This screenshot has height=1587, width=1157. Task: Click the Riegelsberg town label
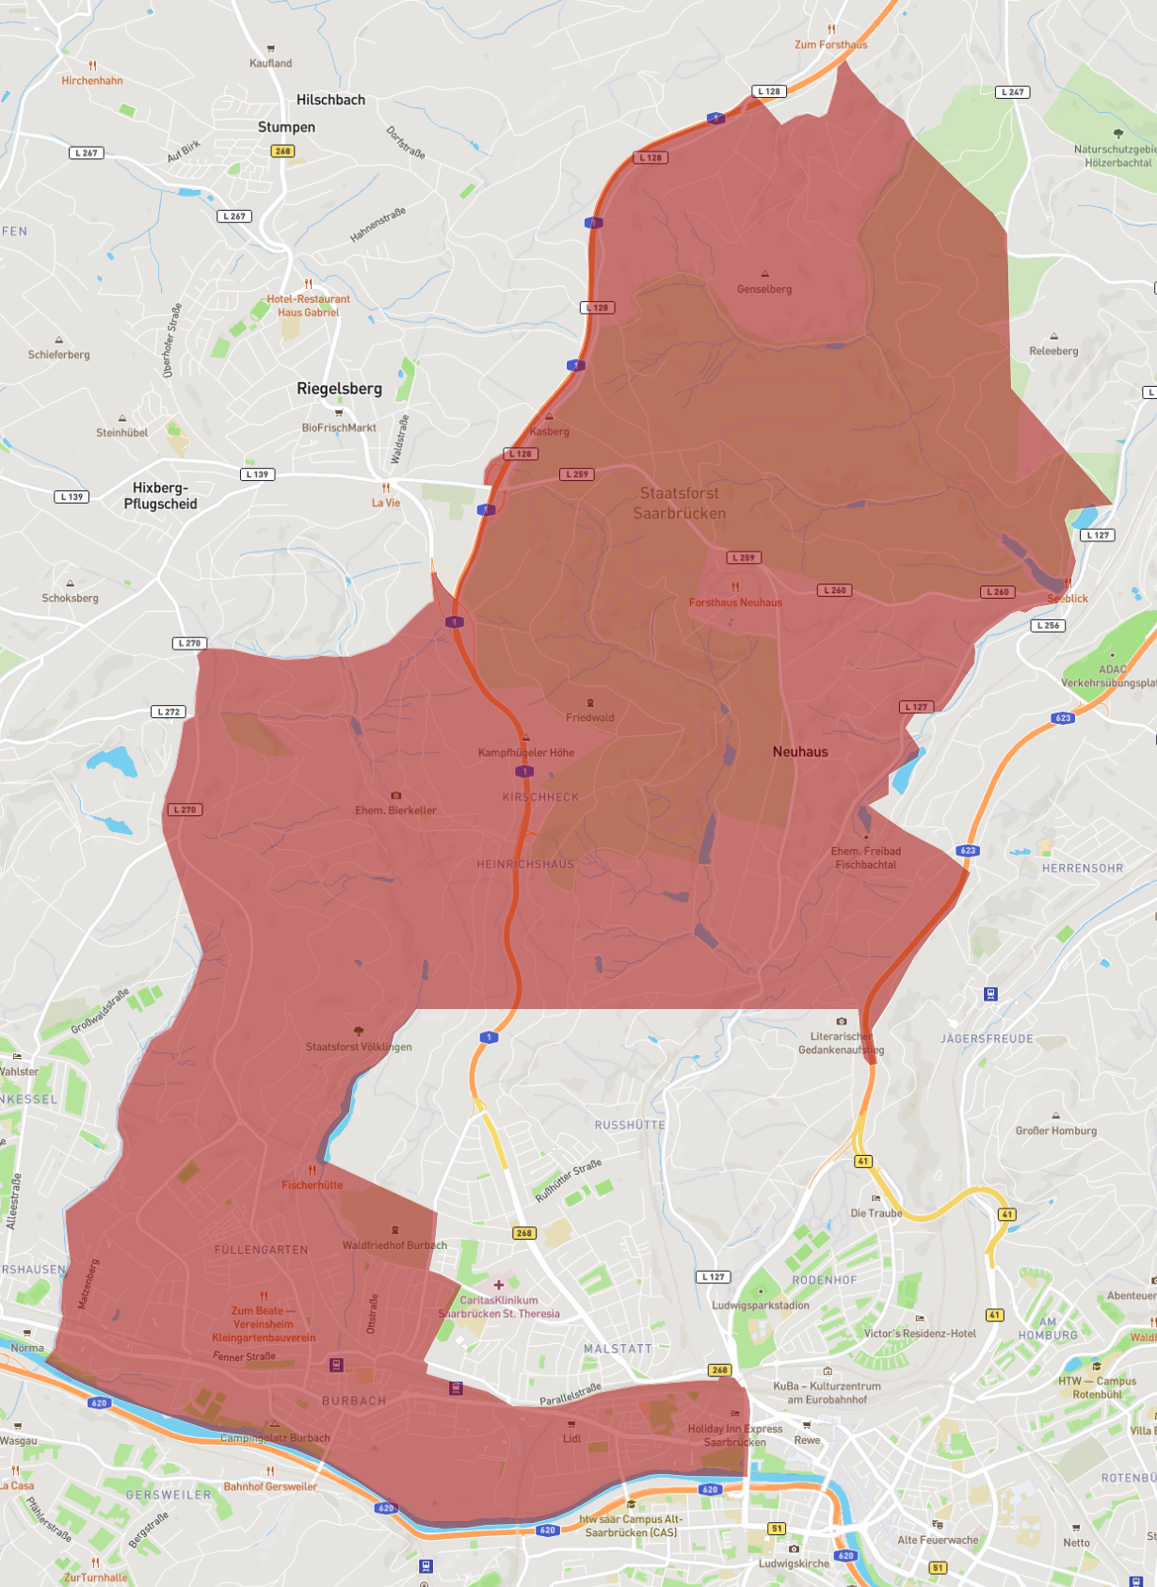coord(339,389)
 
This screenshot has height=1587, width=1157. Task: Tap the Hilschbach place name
coord(330,100)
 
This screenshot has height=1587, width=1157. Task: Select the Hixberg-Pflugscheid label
coord(160,496)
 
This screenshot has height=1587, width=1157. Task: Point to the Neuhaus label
coord(800,751)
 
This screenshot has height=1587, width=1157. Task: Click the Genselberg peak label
coord(764,289)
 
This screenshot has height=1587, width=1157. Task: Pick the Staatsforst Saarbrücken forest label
coord(680,503)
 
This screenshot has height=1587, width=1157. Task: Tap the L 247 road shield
coord(1013,92)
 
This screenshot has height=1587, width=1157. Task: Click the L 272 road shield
coord(169,712)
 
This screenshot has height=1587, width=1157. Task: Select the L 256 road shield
coord(1048,625)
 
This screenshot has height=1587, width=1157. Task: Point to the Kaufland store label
coord(271,63)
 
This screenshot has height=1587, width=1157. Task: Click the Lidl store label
coord(572,1438)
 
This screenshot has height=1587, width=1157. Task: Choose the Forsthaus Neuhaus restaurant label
coord(735,602)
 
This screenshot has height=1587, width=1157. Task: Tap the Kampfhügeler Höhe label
coord(526,752)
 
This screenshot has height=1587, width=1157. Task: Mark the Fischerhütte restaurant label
coord(313,1185)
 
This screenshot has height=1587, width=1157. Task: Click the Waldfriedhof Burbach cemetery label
coord(394,1245)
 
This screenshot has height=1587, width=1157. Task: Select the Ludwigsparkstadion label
coord(761,1306)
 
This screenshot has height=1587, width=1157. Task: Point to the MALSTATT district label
coord(618,1349)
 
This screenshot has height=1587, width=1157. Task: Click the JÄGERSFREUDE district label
coord(987,1039)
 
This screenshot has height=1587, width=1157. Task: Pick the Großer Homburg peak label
coord(1056,1130)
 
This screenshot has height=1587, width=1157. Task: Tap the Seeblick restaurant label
coord(1068,599)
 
